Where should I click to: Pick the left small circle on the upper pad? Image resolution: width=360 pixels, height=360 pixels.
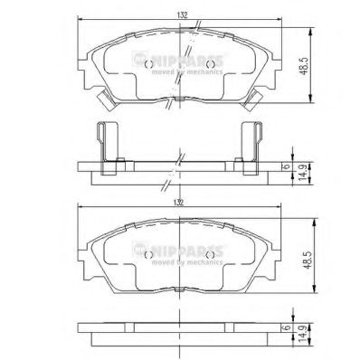point(148,64)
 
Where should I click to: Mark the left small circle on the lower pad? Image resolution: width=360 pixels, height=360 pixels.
point(148,254)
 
